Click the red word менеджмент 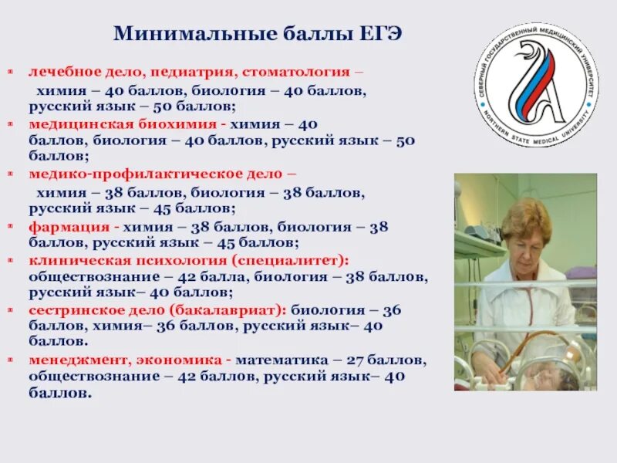click(76, 360)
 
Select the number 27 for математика click(347, 360)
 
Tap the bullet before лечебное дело click(11, 71)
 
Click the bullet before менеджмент click(11, 360)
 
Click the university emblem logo click(536, 84)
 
